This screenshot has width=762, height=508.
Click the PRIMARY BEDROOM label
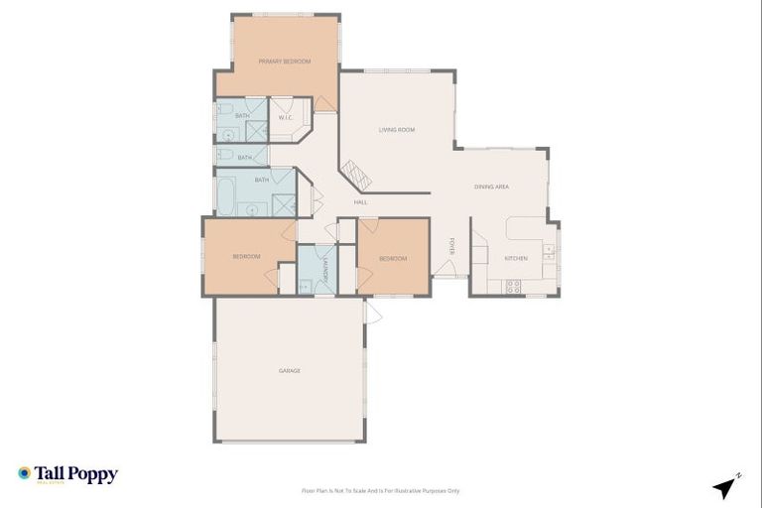(285, 62)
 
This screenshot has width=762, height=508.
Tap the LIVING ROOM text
(396, 130)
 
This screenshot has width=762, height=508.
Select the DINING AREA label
(491, 187)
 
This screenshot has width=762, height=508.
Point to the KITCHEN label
(516, 258)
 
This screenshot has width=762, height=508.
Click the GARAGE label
(289, 371)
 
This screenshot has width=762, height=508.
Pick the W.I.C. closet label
(284, 117)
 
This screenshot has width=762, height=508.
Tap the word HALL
(360, 202)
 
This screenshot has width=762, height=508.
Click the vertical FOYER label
(451, 246)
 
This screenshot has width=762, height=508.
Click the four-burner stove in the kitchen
(514, 286)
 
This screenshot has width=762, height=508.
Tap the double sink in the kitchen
(548, 252)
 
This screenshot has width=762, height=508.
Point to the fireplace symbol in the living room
(356, 176)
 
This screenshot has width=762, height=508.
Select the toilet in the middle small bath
(225, 157)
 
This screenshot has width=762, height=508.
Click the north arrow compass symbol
(725, 486)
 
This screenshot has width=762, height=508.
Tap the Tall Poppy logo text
(75, 474)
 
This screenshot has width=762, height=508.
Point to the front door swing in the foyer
(444, 266)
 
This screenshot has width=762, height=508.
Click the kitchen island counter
(525, 228)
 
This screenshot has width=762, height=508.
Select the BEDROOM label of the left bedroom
(246, 257)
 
